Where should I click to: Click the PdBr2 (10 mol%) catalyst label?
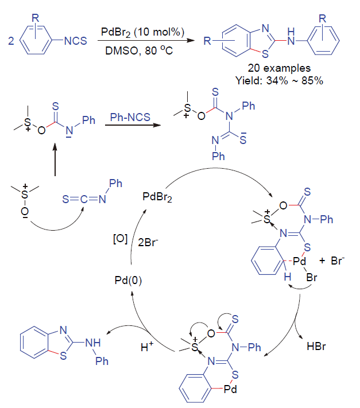point(142,32)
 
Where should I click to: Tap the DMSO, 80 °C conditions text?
point(139,50)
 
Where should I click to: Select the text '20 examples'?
point(279,68)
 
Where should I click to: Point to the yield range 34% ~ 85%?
point(295,81)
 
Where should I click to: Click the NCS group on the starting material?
point(75,41)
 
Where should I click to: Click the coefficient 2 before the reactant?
point(11,41)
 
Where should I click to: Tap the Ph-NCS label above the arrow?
point(130,117)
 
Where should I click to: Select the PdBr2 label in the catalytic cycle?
point(157,197)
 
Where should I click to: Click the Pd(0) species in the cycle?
point(129,280)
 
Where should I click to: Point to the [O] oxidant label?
point(120,239)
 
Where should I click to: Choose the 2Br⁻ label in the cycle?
point(148,242)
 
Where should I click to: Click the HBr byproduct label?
point(316,347)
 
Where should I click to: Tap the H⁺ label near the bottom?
point(147,347)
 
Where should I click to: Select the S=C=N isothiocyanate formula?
point(84,199)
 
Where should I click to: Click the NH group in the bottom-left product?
point(93,343)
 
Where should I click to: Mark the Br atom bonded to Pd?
point(312,277)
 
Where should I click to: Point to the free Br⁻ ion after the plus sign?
point(338,261)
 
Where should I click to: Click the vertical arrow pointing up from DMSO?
point(55,160)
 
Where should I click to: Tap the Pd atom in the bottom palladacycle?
point(231,389)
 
